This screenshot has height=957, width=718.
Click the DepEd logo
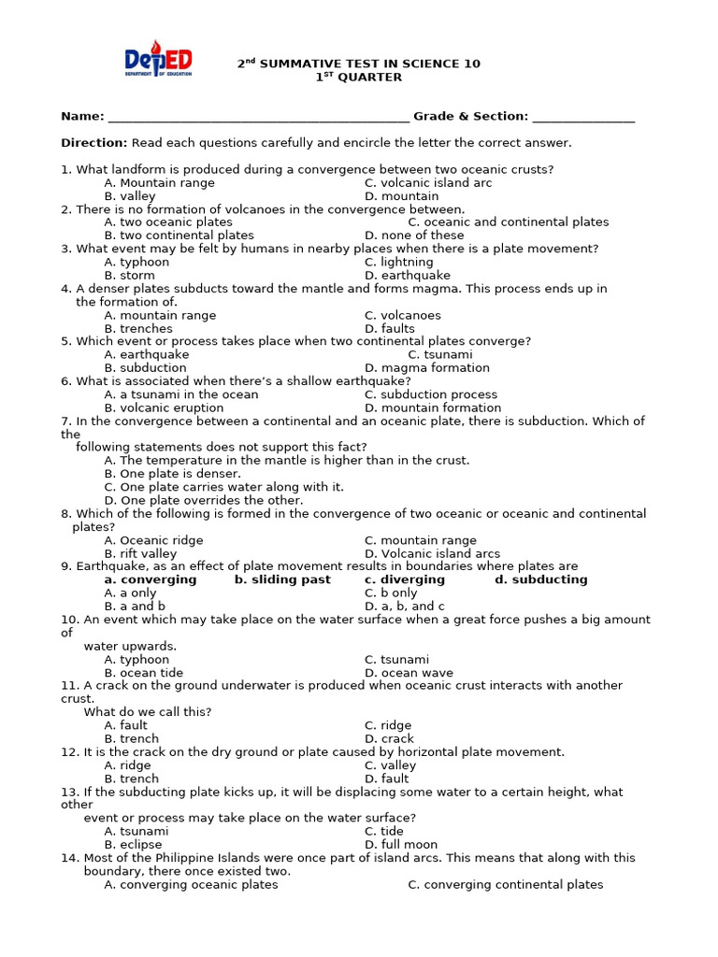coord(158,63)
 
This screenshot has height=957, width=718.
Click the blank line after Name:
coord(258,118)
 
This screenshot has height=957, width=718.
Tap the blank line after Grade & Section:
coord(583,118)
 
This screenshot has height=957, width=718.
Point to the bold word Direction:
coord(93,143)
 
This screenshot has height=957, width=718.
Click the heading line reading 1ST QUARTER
coord(359,78)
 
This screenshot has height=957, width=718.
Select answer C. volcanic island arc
coord(427,183)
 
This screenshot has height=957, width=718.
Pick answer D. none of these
coord(414,236)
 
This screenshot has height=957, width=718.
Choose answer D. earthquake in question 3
coord(407,276)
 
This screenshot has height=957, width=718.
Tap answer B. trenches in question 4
coord(138,329)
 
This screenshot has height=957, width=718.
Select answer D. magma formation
coord(426,368)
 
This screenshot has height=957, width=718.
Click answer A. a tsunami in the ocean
coord(180,394)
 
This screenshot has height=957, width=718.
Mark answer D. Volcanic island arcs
coord(432,553)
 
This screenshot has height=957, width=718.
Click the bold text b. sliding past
coord(282,579)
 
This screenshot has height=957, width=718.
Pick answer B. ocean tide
coord(144,673)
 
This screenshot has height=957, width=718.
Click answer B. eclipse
coord(133,845)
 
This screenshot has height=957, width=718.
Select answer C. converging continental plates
coord(505,884)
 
